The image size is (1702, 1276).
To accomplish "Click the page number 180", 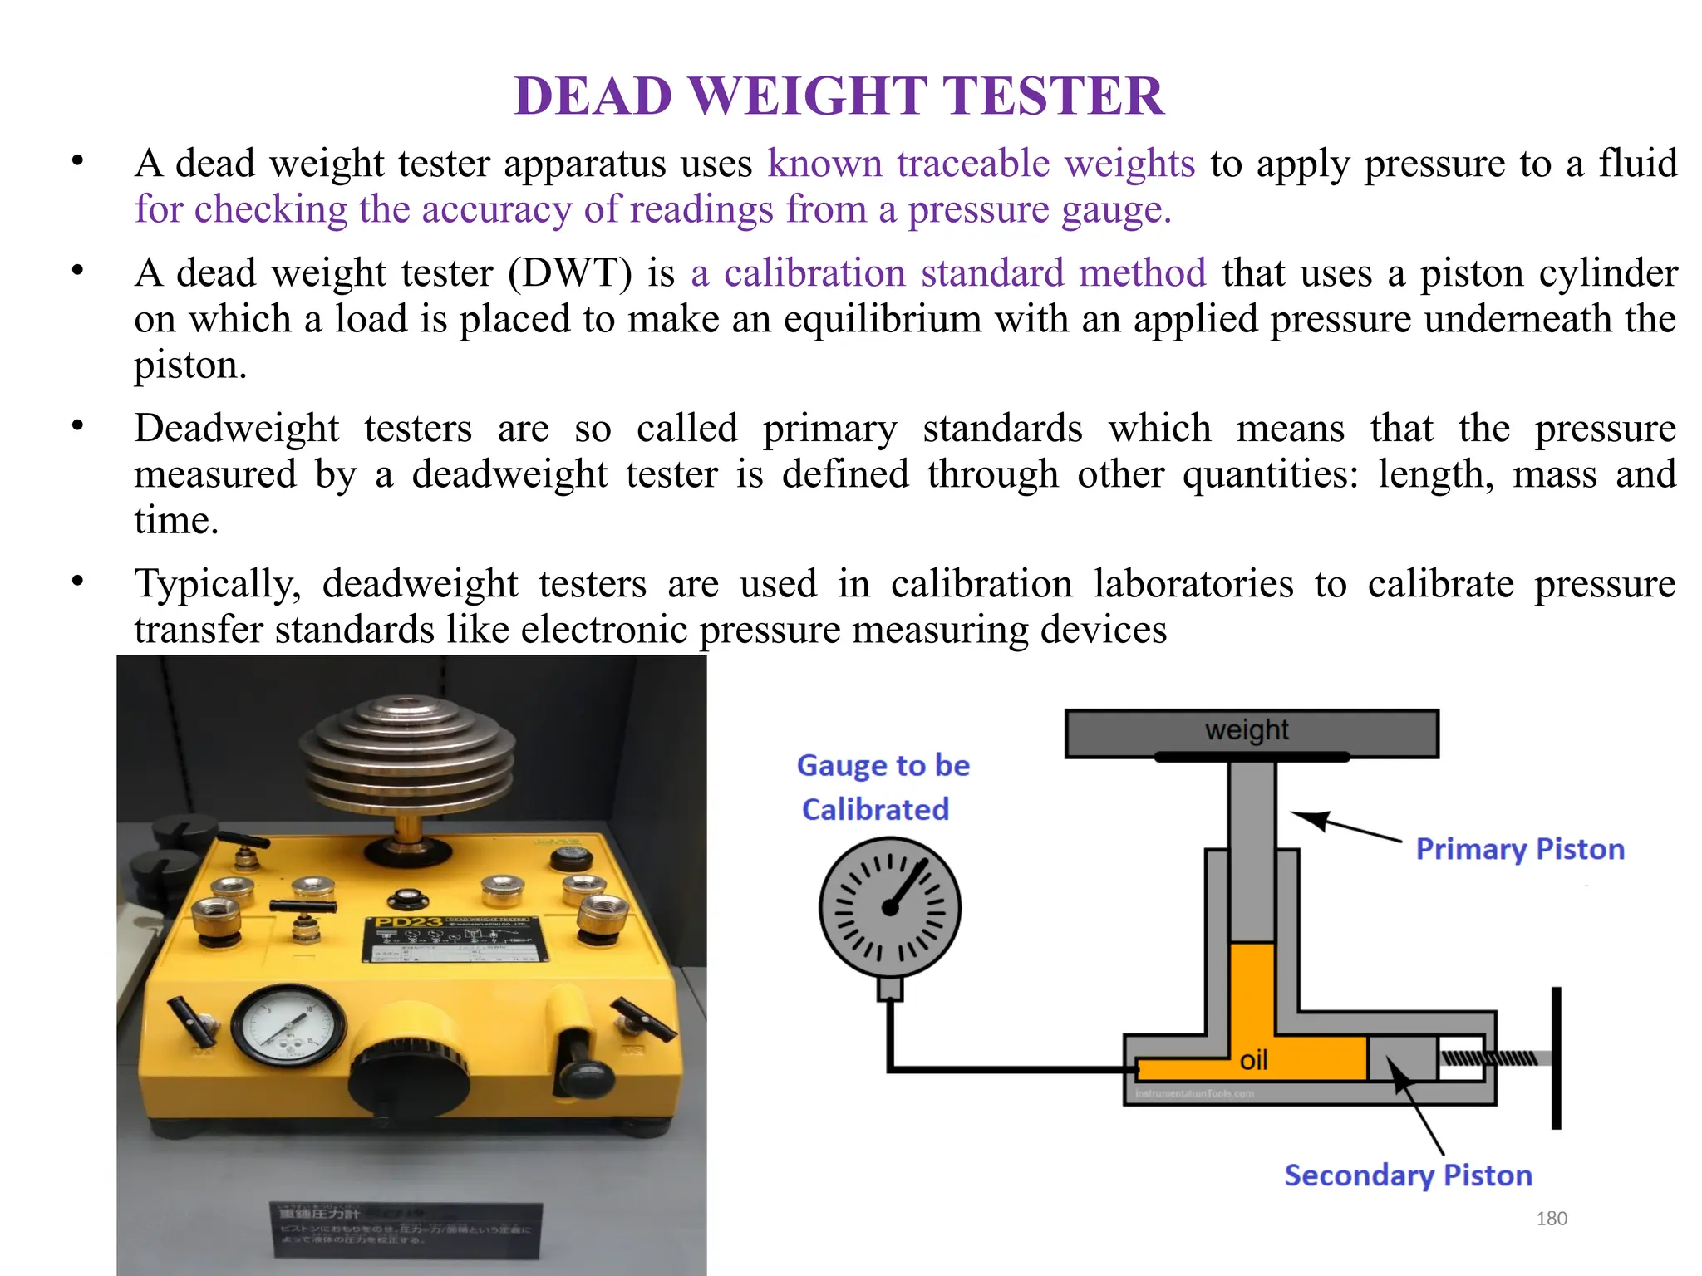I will [1551, 1219].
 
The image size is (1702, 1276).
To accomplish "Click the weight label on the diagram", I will [1247, 730].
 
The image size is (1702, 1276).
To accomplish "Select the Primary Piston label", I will [1520, 849].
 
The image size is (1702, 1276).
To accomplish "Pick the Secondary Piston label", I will [1408, 1175].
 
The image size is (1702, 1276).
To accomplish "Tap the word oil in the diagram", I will [1253, 1061].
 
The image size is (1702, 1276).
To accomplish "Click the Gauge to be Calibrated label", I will [882, 787].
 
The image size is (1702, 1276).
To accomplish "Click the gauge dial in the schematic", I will [890, 907].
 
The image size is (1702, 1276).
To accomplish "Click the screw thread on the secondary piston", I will [1488, 1058].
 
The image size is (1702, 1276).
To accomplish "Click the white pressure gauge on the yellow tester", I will [288, 1026].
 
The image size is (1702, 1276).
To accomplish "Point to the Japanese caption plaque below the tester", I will [406, 1229].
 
